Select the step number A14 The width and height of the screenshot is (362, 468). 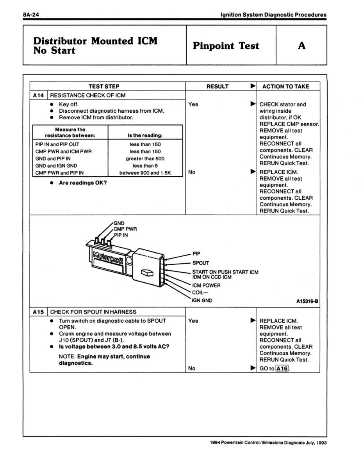click(39, 95)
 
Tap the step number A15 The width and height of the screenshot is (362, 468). click(39, 312)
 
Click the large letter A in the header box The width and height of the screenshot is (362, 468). click(301, 46)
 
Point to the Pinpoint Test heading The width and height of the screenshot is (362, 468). click(226, 46)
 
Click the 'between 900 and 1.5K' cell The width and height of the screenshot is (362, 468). click(145, 173)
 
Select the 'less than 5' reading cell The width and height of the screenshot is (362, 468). click(145, 166)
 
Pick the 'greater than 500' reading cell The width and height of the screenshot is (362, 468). click(145, 159)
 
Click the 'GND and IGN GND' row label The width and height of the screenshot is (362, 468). click(56, 166)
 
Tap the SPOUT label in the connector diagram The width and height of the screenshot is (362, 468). click(200, 263)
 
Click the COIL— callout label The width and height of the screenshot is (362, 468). click(200, 292)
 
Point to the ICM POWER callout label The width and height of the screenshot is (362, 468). click(206, 285)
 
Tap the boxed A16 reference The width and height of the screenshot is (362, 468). click(282, 369)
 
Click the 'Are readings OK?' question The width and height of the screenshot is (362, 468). click(83, 183)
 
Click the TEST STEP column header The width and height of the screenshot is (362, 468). click(104, 87)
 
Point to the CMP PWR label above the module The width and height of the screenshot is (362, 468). click(125, 229)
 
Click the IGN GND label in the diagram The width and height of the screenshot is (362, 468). click(202, 300)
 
